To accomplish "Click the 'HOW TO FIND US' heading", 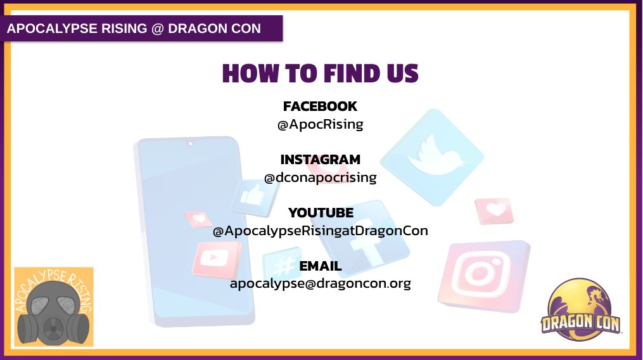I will pos(320,74).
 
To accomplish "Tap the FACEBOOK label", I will pos(320,106).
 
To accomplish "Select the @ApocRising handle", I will pos(320,124).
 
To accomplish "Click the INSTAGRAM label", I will pos(320,160).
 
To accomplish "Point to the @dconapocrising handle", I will pos(320,177).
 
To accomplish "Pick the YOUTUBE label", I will pos(320,212).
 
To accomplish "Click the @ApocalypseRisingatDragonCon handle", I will pos(320,231).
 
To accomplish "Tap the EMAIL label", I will pos(320,266).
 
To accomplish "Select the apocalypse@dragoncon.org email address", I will pos(320,284).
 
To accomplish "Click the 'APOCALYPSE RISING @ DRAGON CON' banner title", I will pos(134,29).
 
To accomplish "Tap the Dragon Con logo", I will pos(581,314).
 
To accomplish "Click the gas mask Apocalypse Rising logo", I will pos(54,307).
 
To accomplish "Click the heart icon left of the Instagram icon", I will pos(495,210).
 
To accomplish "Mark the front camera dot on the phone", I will pos(190,144).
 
